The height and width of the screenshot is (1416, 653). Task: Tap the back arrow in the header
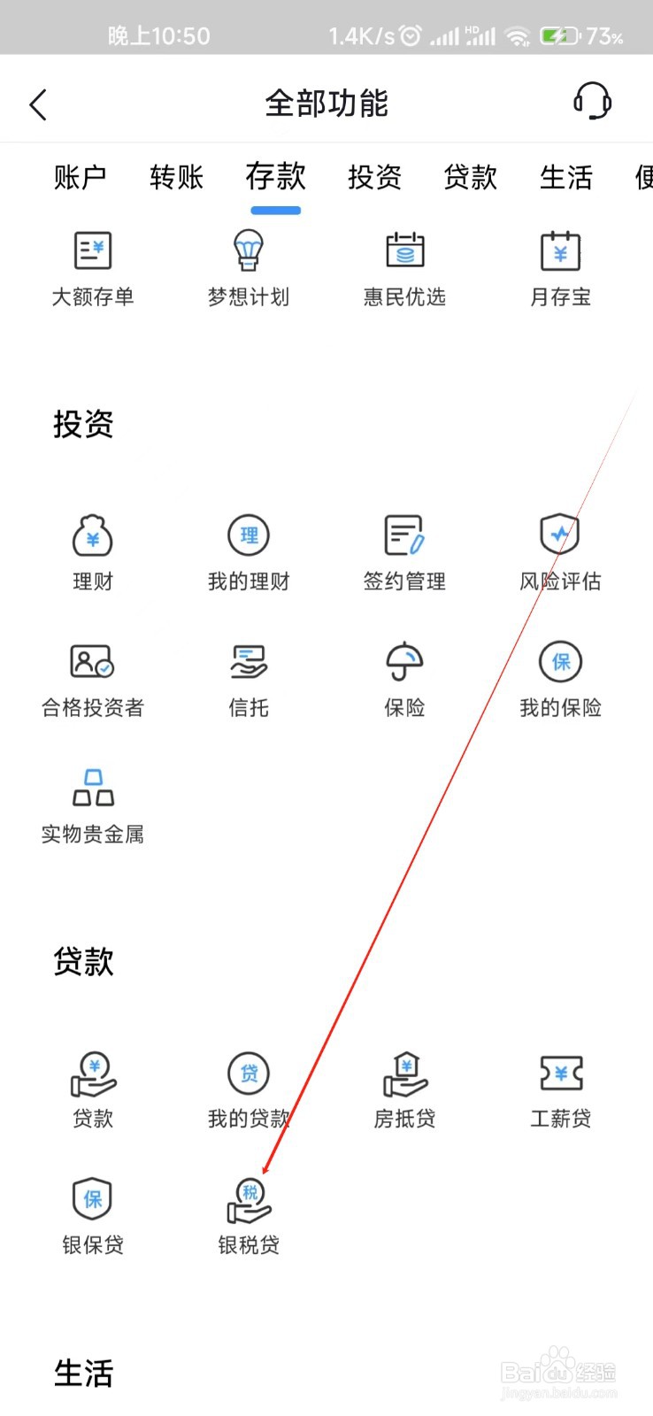click(38, 104)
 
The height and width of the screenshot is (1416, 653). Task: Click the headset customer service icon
click(592, 102)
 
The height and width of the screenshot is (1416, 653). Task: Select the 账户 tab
click(80, 177)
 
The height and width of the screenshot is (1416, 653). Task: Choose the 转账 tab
click(176, 177)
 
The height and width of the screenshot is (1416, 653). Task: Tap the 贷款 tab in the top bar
click(470, 177)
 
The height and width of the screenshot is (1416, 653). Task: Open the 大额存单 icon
click(92, 251)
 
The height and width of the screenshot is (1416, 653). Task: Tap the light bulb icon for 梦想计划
click(249, 251)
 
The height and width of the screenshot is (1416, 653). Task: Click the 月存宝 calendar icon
click(560, 251)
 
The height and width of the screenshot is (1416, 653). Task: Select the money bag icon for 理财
click(92, 535)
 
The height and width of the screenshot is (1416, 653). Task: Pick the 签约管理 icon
click(404, 535)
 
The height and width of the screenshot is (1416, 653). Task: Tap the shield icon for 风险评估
click(560, 535)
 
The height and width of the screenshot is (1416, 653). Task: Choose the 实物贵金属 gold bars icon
click(92, 788)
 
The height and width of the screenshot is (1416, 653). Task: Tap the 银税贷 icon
click(249, 1200)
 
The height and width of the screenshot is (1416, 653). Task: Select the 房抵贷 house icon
click(404, 1074)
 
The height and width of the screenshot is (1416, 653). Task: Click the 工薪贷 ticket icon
click(561, 1074)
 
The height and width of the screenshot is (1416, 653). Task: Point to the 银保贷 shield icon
click(92, 1199)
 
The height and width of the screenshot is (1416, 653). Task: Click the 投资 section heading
click(83, 424)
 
